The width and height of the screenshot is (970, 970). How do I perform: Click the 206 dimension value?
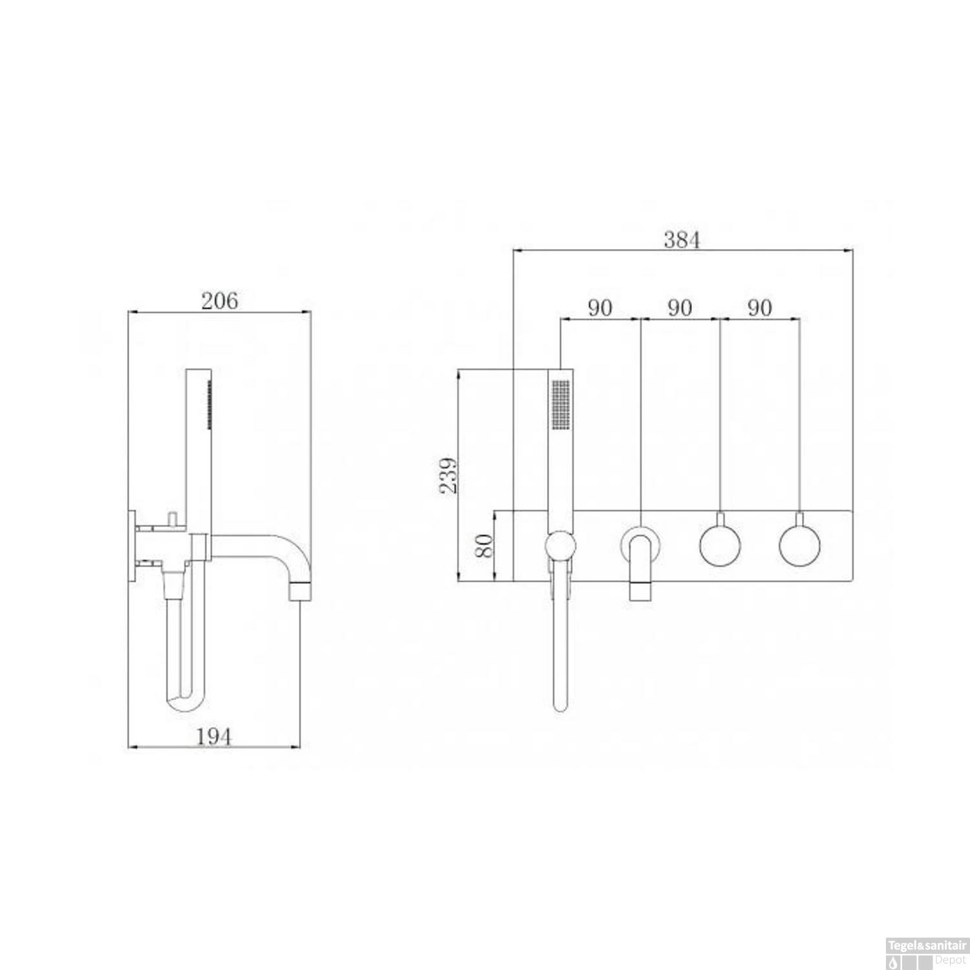pos(219,301)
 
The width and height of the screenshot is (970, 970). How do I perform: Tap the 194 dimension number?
pos(214,736)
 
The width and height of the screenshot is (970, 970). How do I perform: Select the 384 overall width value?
pos(682,240)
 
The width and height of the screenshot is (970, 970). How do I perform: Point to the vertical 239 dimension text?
pos(449,475)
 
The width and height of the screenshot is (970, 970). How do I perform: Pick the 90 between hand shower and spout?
pos(599,308)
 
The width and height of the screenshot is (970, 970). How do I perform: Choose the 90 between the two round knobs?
pos(760,308)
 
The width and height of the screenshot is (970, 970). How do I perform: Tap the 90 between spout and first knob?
pos(680,308)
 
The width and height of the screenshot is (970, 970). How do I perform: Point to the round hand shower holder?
pos(560,546)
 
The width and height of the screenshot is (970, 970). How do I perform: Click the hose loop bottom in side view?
pos(184,704)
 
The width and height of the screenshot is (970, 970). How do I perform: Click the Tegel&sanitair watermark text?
pos(926,945)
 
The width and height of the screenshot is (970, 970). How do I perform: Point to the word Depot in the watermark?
pos(949,960)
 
